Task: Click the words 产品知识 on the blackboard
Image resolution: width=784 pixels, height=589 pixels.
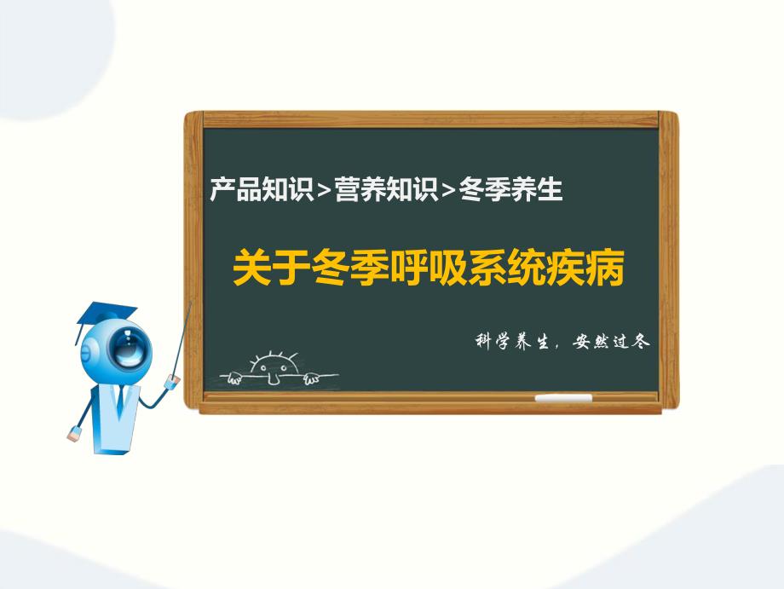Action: [x=261, y=189]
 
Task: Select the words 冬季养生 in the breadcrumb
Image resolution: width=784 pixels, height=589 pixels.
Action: [x=511, y=189]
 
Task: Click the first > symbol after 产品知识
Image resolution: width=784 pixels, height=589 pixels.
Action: [x=323, y=191]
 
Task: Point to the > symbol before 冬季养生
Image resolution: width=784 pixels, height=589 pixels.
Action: [x=448, y=191]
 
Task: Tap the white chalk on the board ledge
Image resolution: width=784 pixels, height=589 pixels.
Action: [x=562, y=398]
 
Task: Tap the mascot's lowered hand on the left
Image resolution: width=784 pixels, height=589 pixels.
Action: [x=73, y=436]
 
